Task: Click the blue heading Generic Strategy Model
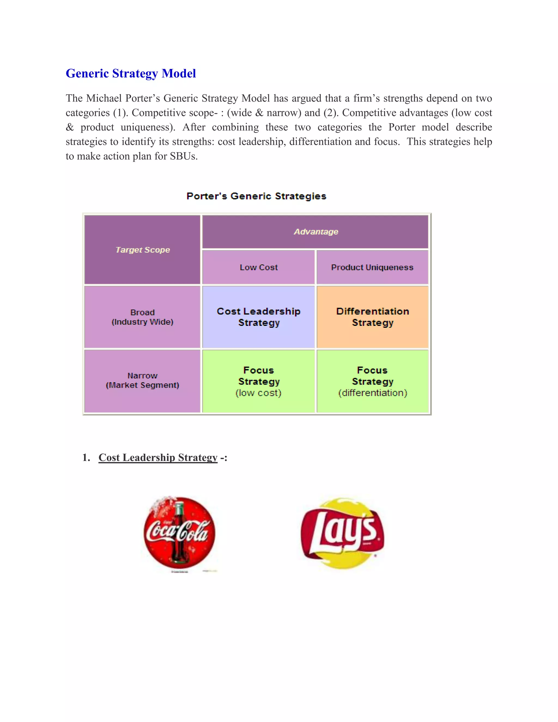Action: (x=131, y=73)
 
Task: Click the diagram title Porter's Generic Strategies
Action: (x=256, y=196)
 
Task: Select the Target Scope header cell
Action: (x=142, y=250)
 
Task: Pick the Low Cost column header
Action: (x=259, y=268)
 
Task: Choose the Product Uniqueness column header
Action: (x=372, y=268)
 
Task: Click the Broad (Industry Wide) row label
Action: (x=142, y=317)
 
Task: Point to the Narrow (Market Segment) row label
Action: (x=142, y=381)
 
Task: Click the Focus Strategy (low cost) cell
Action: (x=259, y=381)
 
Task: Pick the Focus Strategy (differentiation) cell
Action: (x=372, y=381)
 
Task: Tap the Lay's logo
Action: (x=342, y=533)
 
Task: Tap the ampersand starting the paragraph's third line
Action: (x=69, y=127)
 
